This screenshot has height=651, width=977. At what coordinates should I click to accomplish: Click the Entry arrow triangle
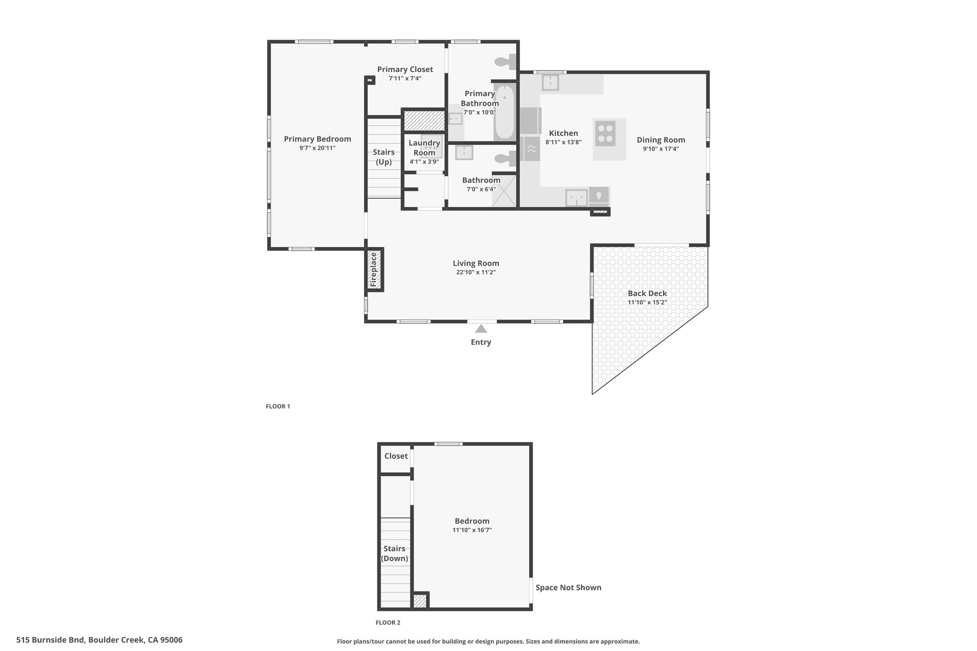pos(481,329)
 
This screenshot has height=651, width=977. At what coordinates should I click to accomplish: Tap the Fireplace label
pos(374,269)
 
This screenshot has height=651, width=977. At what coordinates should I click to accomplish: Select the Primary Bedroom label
pos(317,139)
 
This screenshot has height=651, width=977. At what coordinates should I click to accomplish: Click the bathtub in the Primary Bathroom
pos(505,113)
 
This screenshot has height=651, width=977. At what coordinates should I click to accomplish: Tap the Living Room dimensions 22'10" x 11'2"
pos(476,272)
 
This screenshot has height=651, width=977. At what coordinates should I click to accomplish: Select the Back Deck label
pos(647,293)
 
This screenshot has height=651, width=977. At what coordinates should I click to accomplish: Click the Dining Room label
pos(661,140)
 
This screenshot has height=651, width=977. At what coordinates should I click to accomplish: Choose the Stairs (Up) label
pos(384,157)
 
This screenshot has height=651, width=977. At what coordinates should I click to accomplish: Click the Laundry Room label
pos(424,147)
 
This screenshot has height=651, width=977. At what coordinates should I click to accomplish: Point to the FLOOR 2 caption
pos(388,622)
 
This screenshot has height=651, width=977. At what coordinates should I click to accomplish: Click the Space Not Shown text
pos(568,588)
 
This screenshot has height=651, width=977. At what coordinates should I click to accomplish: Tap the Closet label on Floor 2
pos(396,456)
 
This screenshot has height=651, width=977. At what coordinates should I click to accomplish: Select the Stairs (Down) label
pos(395,554)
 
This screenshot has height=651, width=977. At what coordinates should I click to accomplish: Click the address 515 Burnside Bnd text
pos(51,640)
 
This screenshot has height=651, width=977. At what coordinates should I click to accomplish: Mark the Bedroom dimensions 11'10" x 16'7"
pos(472,530)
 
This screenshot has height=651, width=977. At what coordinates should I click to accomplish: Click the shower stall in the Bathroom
pos(504,191)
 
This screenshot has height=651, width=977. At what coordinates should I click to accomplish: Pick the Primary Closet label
pos(405,70)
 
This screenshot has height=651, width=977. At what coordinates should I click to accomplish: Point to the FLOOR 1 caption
pos(278,406)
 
